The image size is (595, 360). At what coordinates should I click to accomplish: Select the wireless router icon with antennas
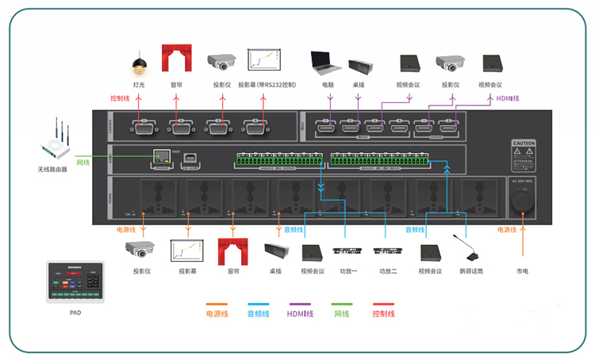[x=58, y=143]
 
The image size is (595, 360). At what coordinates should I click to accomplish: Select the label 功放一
[x=346, y=271]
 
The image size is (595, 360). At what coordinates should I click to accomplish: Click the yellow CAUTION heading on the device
[x=525, y=142]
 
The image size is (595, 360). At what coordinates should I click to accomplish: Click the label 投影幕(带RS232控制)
[x=270, y=85]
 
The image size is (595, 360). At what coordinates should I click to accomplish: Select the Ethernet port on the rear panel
[x=162, y=157]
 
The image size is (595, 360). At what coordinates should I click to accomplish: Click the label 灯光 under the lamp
[x=139, y=85]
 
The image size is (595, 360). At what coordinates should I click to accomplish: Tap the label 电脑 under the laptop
[x=328, y=85]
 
